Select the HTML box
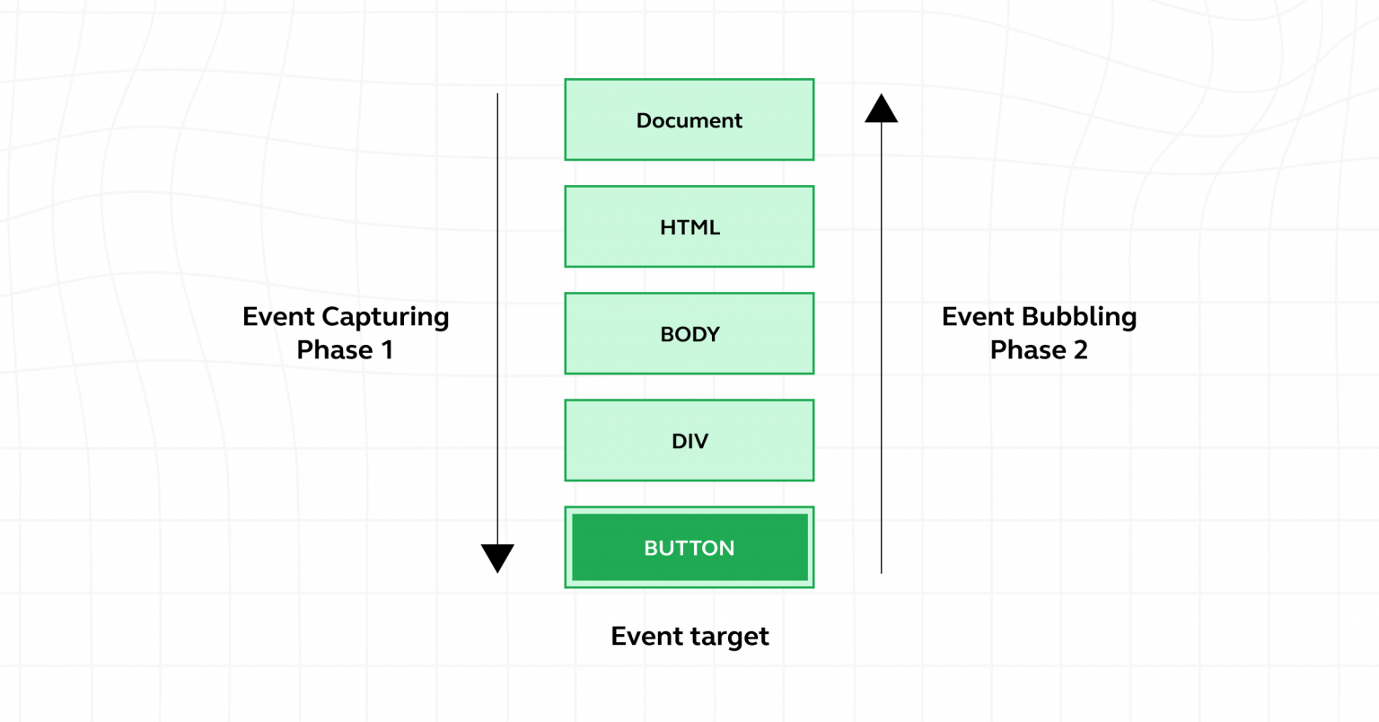pos(689,226)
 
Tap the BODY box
pos(689,333)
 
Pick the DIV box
pos(689,440)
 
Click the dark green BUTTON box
pos(689,547)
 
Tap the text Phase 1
pos(345,349)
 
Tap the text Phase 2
pos(1039,349)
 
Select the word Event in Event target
pos(643,636)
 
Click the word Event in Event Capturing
pos(278,317)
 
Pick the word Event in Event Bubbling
pos(977,317)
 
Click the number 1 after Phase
pos(387,349)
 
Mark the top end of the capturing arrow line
pos(497,94)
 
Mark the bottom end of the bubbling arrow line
pos(881,571)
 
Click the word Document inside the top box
pos(689,120)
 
